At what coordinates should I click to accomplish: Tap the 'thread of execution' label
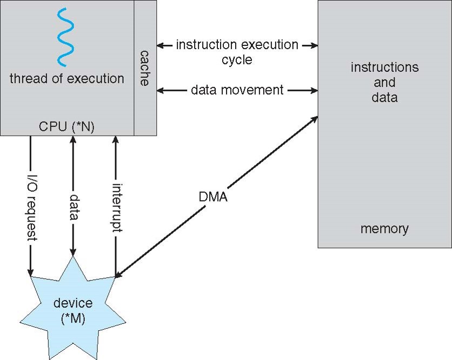(x=67, y=78)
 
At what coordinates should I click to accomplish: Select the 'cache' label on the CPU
(x=145, y=68)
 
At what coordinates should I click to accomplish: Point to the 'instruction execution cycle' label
(x=237, y=51)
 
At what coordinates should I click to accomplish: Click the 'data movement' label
(x=237, y=90)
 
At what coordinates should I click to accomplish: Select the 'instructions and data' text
(x=384, y=82)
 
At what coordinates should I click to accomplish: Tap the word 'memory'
(x=384, y=229)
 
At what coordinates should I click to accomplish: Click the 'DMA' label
(x=212, y=197)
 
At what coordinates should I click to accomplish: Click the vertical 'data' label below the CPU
(x=73, y=208)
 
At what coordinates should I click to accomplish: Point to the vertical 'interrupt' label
(x=115, y=208)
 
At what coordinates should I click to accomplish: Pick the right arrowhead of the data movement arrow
(x=314, y=90)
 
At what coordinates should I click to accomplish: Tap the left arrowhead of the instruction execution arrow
(x=161, y=45)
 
